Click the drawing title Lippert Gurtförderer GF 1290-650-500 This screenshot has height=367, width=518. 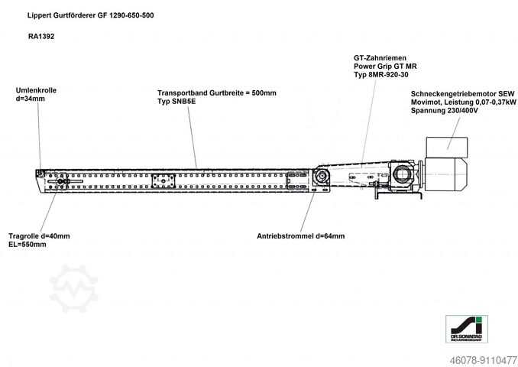click(90, 15)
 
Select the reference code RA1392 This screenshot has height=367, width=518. click(41, 37)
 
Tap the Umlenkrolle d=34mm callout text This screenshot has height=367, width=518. click(36, 95)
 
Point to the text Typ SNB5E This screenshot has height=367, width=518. click(176, 101)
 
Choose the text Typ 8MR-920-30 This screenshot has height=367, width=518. click(381, 75)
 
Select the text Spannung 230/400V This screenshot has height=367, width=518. click(445, 110)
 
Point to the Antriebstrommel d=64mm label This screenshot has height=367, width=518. click(300, 236)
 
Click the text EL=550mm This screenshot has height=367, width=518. click(28, 245)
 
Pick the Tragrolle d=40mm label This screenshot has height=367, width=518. click(39, 236)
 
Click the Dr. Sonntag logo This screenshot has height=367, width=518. click(467, 329)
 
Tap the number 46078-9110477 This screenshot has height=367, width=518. click(484, 360)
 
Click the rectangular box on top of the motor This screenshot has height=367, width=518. click(447, 148)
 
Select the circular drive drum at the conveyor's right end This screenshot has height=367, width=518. click(322, 176)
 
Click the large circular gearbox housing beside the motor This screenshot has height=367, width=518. click(401, 174)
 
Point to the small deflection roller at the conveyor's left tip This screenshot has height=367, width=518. click(40, 174)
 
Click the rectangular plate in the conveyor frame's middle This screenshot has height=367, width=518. click(163, 181)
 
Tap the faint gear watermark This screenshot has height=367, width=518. click(73, 288)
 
